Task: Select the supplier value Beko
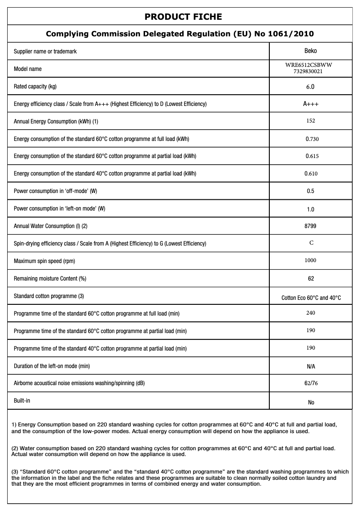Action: pos(311,51)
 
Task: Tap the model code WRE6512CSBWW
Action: pos(311,65)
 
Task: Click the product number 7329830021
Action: pos(311,71)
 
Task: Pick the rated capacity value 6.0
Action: pos(311,87)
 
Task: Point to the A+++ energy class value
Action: pos(311,104)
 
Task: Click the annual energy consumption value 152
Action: pos(311,121)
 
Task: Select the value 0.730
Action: pos(312,139)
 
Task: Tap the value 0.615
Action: pos(312,156)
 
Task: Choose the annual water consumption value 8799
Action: pos(311,226)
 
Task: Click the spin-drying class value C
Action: pos(311,243)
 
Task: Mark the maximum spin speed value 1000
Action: pos(311,260)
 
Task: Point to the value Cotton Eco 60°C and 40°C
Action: pos(311,298)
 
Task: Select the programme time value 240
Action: pos(311,313)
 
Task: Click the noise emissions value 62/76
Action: pos(311,384)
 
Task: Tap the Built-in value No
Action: pos(311,403)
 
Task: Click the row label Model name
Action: pos(28,69)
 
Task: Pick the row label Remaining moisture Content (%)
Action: pos(50,279)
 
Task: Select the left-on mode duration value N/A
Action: pos(311,367)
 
